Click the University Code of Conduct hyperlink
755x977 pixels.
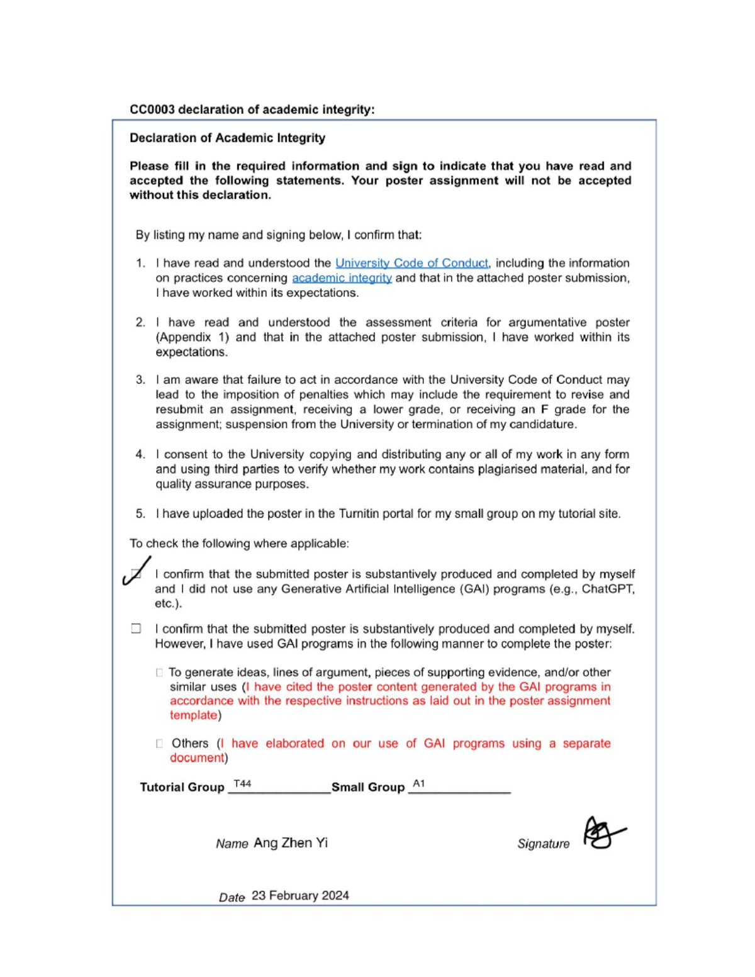point(411,263)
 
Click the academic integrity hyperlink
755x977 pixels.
point(342,278)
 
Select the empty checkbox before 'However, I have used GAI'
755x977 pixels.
point(136,628)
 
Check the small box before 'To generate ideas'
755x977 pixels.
point(159,673)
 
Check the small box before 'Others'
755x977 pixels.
point(159,744)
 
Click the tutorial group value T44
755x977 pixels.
point(242,783)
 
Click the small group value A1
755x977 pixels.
point(419,783)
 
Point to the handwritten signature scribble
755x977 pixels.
point(602,834)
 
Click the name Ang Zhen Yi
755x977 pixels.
point(291,843)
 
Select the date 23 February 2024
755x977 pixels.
point(300,896)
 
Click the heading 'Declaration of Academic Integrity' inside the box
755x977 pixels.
point(227,138)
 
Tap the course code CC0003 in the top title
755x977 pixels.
point(152,109)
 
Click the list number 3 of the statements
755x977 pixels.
point(140,380)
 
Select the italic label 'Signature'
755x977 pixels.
point(543,844)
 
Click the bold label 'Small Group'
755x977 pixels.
point(368,788)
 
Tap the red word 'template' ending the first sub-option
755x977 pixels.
point(193,715)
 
